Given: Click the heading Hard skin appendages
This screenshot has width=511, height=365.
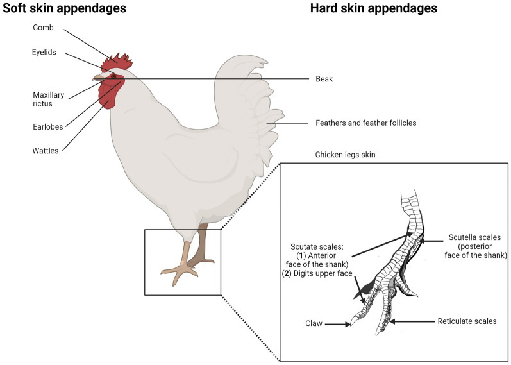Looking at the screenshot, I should (x=373, y=9).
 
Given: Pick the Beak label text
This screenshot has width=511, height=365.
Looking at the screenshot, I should (x=324, y=79).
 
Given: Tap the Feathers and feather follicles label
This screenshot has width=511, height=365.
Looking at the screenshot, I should (x=366, y=123).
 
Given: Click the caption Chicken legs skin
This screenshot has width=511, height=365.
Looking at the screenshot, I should (x=346, y=155).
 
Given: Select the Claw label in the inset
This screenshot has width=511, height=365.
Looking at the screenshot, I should (x=314, y=325).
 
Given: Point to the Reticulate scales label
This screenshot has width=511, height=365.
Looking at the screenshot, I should (x=466, y=321).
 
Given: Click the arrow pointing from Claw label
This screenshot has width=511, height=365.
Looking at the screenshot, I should (x=337, y=325).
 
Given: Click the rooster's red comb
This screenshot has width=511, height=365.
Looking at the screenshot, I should (x=119, y=62).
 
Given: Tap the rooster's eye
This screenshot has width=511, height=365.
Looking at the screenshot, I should (x=113, y=76).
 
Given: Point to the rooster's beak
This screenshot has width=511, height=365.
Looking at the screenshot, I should (x=97, y=78).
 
